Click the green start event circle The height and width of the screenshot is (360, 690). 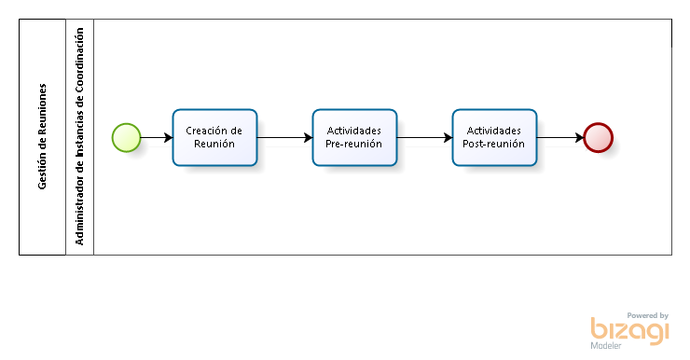click(x=126, y=137)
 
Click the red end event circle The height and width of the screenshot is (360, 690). click(x=598, y=137)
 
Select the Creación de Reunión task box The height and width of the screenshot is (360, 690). click(x=214, y=137)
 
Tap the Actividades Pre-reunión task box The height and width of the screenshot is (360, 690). click(x=354, y=137)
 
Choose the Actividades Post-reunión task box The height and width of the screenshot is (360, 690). click(x=494, y=137)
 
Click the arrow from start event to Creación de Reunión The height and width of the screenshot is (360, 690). click(x=157, y=137)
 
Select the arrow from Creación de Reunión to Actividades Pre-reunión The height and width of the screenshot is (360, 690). click(x=284, y=137)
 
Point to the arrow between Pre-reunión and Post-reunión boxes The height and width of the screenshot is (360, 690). click(x=424, y=137)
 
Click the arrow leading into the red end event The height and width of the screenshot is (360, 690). click(x=559, y=137)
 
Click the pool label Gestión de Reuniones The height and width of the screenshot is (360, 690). click(x=42, y=137)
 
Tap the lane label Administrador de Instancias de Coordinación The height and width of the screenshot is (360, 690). click(x=79, y=137)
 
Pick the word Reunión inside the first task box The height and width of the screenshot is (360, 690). click(x=214, y=144)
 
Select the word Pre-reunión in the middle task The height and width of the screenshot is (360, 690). click(x=354, y=144)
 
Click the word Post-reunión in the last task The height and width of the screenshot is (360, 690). click(x=493, y=144)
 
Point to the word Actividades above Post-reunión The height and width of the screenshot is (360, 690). click(x=493, y=131)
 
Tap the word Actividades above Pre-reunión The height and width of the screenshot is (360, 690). click(x=354, y=131)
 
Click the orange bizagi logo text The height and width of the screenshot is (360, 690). click(x=629, y=330)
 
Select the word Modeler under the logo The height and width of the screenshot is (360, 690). click(x=606, y=346)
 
